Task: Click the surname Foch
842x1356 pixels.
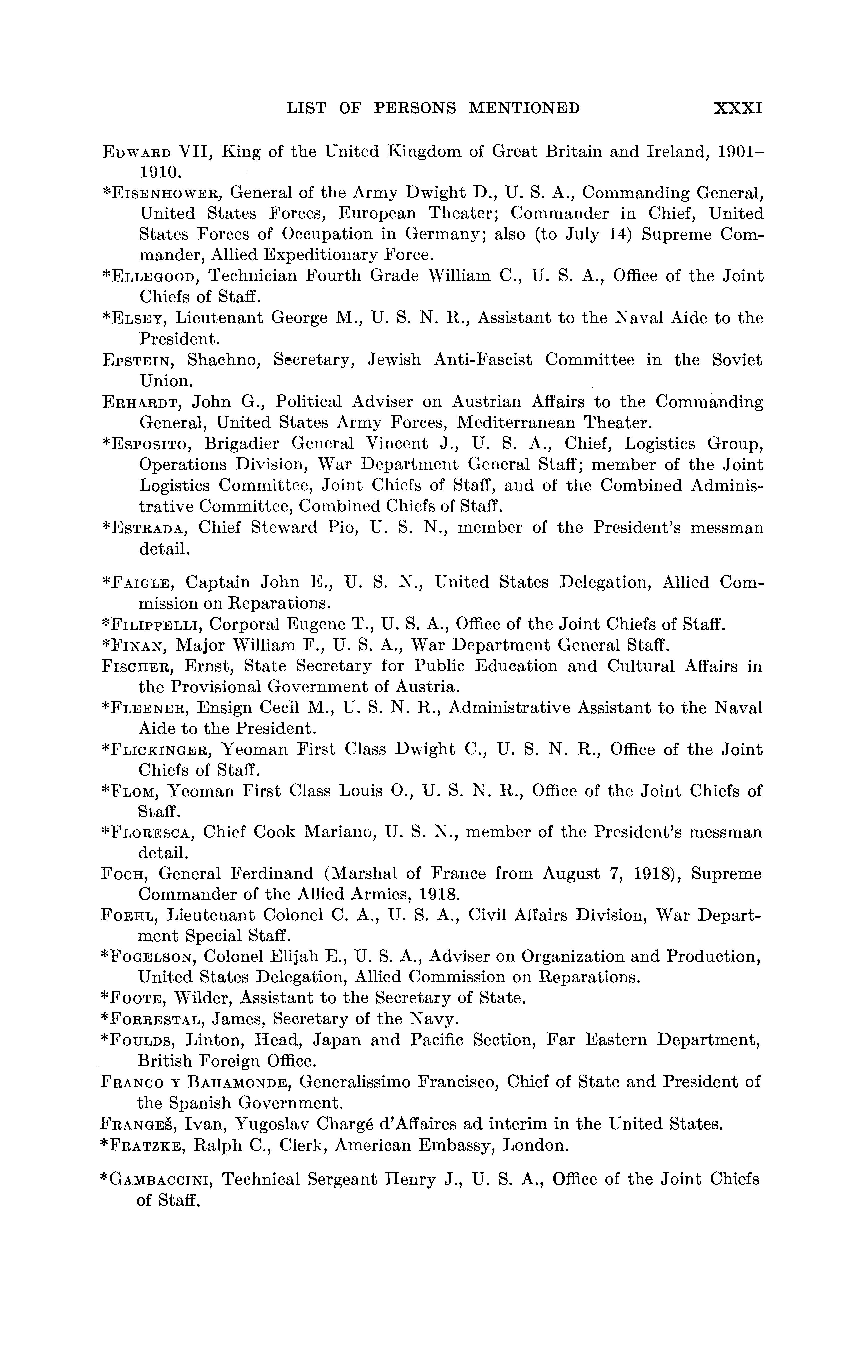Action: [x=124, y=874]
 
